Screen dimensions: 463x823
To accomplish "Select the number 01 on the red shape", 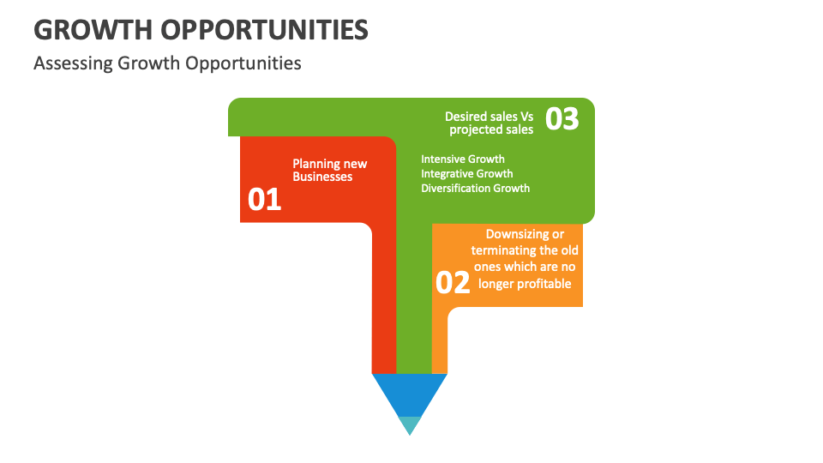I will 265,200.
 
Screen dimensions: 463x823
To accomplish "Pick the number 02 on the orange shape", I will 453,282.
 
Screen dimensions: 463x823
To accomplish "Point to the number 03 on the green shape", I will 562,119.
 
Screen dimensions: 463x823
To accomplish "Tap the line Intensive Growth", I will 463,159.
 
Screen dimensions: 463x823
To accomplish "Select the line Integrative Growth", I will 467,173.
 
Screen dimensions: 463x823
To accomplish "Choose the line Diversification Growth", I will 475,188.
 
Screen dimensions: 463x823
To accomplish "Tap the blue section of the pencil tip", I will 410,393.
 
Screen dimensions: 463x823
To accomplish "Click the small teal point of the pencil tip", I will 410,424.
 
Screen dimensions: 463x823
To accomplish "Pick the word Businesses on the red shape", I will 322,177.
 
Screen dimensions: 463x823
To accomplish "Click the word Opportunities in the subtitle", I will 252,63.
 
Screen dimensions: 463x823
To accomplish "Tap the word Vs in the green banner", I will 526,116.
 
